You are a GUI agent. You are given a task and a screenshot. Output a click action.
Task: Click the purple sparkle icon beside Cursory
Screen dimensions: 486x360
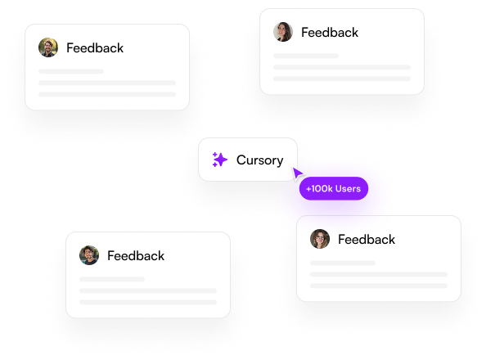tap(220, 160)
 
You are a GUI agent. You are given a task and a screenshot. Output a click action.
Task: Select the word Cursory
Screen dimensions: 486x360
tap(259, 160)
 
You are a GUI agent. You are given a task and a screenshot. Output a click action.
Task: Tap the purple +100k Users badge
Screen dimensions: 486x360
tap(334, 188)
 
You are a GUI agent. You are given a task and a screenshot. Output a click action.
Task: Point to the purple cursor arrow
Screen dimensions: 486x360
tap(297, 173)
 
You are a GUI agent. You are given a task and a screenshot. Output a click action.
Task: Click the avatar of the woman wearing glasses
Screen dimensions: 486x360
tap(320, 239)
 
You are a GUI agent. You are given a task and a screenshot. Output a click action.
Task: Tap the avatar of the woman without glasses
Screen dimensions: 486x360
tap(283, 32)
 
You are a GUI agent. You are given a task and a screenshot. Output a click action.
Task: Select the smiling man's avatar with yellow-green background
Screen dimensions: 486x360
tap(48, 47)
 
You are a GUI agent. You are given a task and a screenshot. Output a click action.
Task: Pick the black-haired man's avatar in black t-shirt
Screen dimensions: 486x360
tap(89, 255)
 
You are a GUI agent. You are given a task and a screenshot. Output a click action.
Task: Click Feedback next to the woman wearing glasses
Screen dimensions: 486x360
tap(367, 240)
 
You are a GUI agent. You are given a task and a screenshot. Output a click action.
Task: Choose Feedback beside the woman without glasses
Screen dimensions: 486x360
tap(330, 32)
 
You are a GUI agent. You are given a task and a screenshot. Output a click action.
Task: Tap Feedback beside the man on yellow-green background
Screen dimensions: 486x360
tap(95, 48)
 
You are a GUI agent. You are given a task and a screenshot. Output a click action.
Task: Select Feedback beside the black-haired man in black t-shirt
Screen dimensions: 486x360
tap(136, 256)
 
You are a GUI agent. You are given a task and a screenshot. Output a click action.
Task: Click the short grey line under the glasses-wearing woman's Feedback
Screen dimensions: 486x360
tap(343, 263)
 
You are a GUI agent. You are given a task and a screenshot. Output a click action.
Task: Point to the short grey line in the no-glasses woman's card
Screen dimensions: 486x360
tap(306, 56)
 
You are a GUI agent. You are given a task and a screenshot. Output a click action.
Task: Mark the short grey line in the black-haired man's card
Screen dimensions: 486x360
tap(112, 279)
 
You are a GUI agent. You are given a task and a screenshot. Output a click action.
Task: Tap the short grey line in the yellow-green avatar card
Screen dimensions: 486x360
tap(71, 71)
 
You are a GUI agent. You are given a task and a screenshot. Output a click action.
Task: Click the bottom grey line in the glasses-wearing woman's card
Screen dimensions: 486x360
tap(379, 286)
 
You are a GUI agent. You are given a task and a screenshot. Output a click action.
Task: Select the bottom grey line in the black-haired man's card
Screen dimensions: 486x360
tap(148, 302)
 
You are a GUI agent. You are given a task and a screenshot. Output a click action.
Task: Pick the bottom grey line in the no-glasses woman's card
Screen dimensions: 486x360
tap(342, 79)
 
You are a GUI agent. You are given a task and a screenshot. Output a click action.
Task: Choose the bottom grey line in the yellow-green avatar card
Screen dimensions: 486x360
tap(107, 94)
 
